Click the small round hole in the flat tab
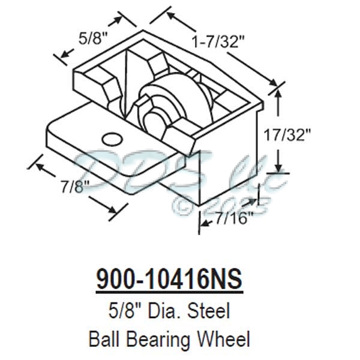110,139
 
